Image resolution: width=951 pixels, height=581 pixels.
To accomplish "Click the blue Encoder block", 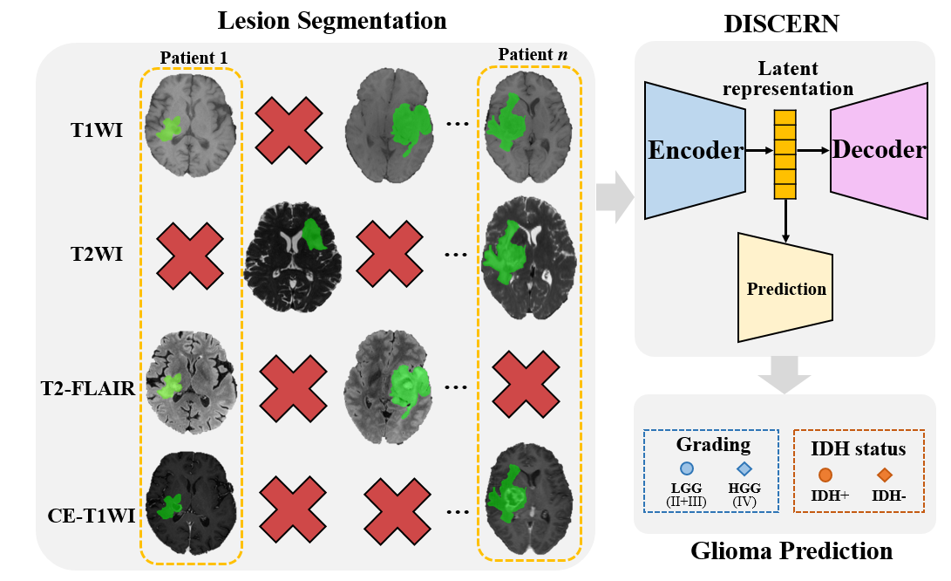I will [x=694, y=150].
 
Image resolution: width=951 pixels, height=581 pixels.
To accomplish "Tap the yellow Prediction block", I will [x=785, y=288].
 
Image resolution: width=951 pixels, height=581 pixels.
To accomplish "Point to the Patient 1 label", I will [x=194, y=58].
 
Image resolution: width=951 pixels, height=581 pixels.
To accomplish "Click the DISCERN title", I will [x=781, y=24].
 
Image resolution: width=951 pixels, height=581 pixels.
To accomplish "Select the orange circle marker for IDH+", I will [x=825, y=475].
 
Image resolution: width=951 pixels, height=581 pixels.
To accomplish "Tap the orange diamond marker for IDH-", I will [x=884, y=475].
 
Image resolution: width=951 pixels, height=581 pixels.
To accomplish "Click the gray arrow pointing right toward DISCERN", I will [x=614, y=197].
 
